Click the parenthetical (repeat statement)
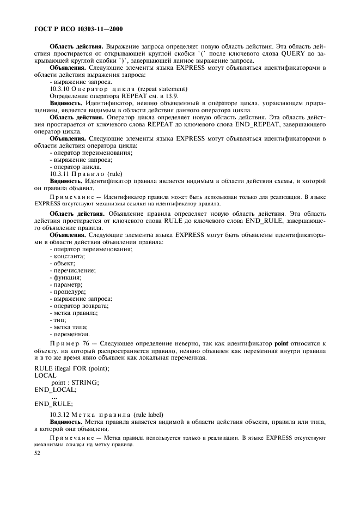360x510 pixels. pos(162,88)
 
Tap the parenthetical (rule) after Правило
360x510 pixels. pos(115,174)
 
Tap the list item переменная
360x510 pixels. pos(70,334)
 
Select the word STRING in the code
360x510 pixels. pos(86,382)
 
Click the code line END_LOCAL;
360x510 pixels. pos(56,390)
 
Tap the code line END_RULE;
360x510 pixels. pos(53,404)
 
